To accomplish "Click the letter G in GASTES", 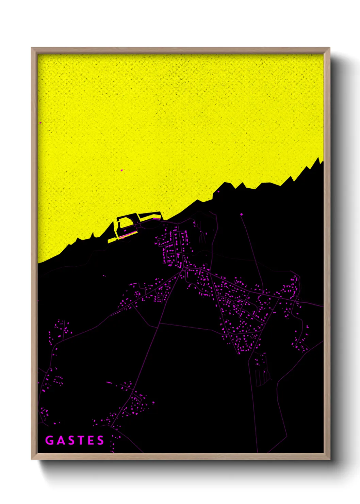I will pyautogui.click(x=49, y=440).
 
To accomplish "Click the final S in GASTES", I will pyautogui.click(x=100, y=440).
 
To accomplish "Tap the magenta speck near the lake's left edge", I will pyautogui.click(x=40, y=123).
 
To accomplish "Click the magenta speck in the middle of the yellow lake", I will pyautogui.click(x=122, y=170).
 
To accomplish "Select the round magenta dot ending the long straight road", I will pyautogui.click(x=241, y=214).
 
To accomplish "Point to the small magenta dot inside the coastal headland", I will pyautogui.click(x=218, y=191).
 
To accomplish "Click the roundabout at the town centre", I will pyautogui.click(x=184, y=269).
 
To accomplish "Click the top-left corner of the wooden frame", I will pyautogui.click(x=32, y=48).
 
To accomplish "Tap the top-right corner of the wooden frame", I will pyautogui.click(x=329, y=48).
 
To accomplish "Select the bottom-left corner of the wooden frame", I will pyautogui.click(x=32, y=459).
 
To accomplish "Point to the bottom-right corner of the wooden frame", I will pyautogui.click(x=329, y=459).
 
